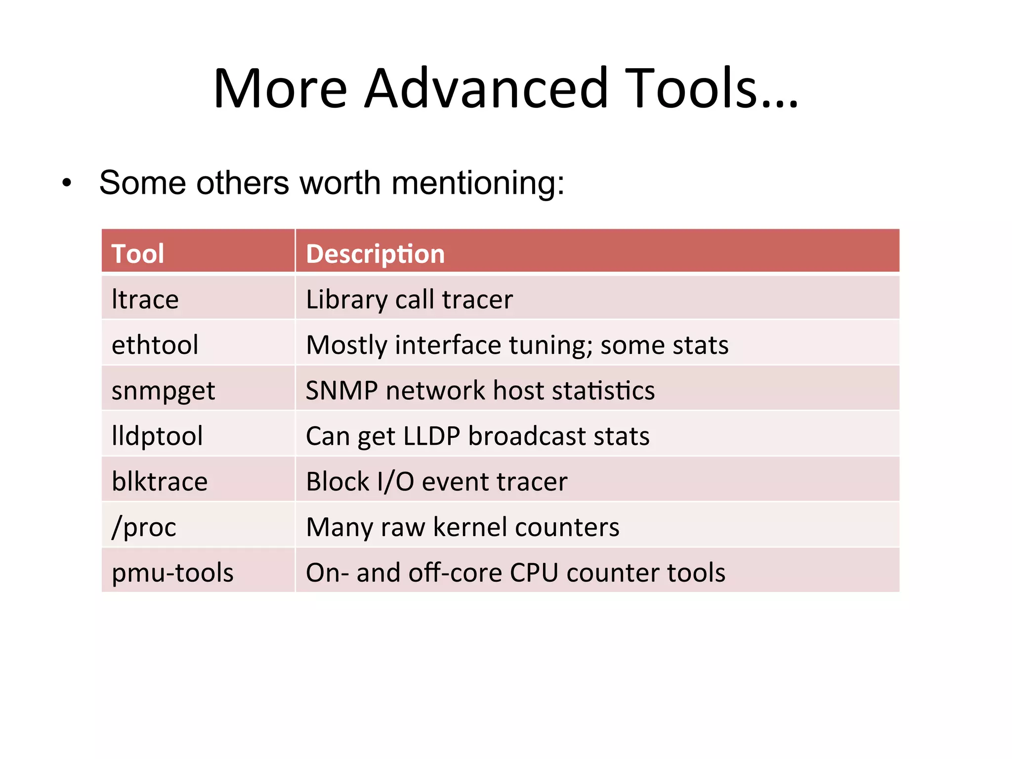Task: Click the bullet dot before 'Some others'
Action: [67, 183]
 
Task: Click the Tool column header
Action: [138, 254]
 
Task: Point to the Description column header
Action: [376, 254]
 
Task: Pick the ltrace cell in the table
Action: [145, 299]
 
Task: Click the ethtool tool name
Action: [155, 345]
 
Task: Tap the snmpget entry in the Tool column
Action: [164, 391]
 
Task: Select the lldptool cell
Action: [157, 436]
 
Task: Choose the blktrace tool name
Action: [160, 482]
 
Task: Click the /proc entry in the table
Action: [144, 527]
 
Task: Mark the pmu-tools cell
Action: [172, 573]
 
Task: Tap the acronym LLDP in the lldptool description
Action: [432, 436]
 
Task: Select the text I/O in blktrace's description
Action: [395, 482]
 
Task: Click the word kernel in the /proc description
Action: [470, 527]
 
